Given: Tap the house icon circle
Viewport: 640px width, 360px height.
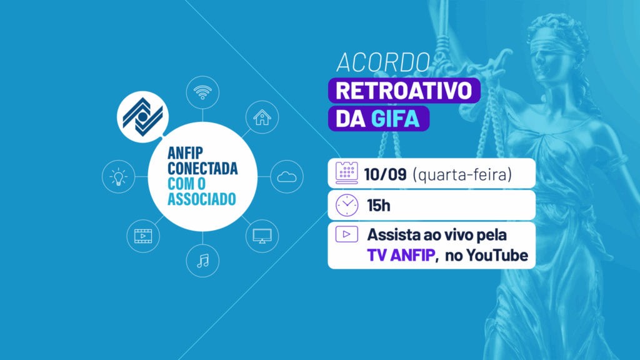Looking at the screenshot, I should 261,116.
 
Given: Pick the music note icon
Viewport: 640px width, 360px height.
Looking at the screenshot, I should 202,259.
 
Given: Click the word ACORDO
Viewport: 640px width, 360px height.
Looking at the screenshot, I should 383,62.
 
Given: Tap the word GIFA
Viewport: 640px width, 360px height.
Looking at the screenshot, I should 395,119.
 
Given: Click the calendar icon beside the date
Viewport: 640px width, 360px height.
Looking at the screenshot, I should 346,172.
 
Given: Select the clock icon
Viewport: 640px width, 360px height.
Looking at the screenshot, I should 346,204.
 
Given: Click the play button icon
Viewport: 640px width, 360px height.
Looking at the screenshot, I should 346,234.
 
